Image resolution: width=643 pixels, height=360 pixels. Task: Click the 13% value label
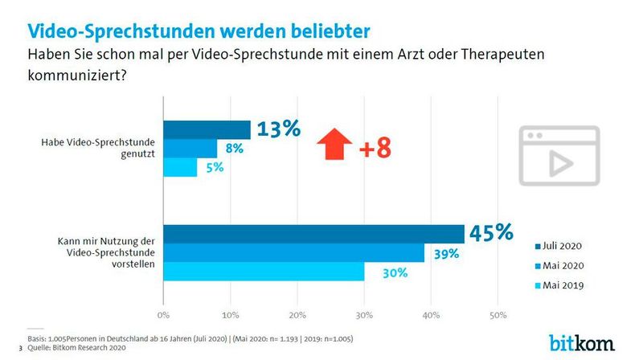coord(278,129)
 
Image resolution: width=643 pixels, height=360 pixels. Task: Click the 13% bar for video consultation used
coord(207,129)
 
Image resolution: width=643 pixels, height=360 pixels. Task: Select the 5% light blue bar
coord(180,167)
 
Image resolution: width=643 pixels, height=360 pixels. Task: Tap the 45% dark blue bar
coord(314,233)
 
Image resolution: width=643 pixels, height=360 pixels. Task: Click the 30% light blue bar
coord(264,272)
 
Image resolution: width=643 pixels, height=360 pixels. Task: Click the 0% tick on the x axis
coord(164,313)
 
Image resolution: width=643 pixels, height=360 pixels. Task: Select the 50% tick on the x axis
coord(497,313)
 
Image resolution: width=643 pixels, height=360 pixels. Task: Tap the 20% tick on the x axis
coord(297,313)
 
